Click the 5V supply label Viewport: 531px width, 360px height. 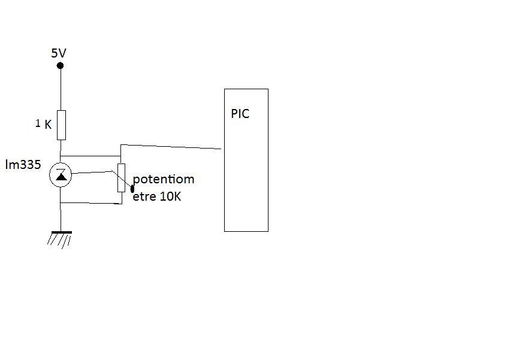click(58, 53)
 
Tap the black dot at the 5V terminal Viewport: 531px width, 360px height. click(61, 65)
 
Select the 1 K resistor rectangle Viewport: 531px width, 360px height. click(61, 125)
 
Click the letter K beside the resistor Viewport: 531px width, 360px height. click(48, 125)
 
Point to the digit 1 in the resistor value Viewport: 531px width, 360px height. click(38, 123)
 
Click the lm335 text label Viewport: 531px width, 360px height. click(23, 165)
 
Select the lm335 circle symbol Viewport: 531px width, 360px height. click(61, 175)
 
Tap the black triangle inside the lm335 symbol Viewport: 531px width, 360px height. click(61, 176)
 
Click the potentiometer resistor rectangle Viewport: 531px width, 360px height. click(121, 177)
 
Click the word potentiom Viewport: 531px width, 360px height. click(164, 180)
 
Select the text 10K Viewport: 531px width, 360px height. click(170, 196)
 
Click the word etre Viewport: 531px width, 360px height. click(144, 196)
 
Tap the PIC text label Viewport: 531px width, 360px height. click(240, 114)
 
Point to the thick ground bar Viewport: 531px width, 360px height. click(61, 232)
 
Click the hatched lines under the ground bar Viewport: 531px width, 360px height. click(59, 240)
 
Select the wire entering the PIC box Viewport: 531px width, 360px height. click(180, 146)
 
